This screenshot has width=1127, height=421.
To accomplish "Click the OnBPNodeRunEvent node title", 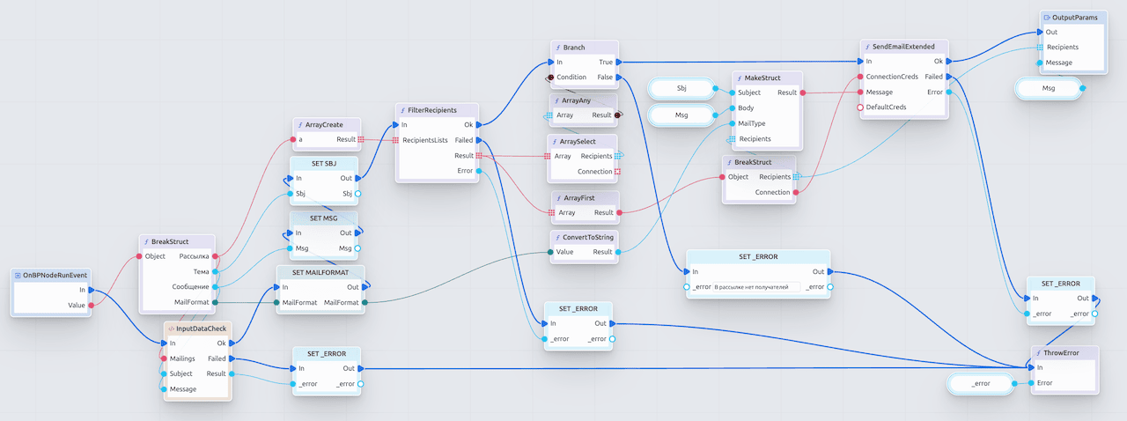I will [55, 276].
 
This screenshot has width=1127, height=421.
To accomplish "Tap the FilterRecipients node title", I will [432, 110].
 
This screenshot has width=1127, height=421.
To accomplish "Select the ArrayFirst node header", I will [578, 197].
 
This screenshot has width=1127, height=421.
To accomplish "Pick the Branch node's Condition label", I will [571, 78].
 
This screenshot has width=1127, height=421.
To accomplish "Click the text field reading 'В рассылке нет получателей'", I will [755, 287].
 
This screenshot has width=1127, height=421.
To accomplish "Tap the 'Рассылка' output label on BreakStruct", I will [194, 256].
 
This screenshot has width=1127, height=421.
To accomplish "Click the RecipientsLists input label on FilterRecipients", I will [425, 140].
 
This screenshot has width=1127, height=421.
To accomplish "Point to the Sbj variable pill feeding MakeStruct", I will [681, 88].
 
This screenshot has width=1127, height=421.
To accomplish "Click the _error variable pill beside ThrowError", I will [980, 384].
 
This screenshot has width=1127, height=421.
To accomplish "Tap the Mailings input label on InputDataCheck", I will [182, 358].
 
